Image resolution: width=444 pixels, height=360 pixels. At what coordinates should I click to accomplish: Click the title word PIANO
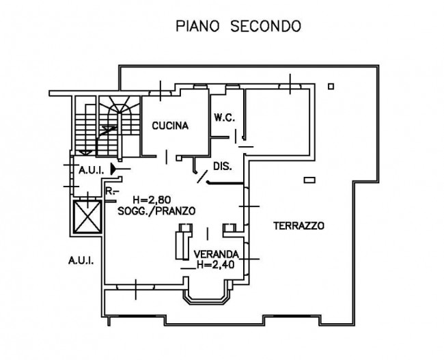197,26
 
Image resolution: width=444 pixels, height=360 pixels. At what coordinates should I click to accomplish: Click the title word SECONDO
266,26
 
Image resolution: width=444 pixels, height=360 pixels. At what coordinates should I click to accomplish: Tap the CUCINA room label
170,126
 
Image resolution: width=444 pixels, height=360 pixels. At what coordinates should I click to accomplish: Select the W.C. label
224,117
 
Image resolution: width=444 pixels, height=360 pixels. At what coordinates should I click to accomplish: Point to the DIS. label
222,166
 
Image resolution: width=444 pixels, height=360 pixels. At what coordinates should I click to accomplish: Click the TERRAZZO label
299,225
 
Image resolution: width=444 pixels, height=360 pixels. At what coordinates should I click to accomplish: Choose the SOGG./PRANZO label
156,211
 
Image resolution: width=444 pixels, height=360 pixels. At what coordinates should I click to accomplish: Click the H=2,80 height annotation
152,200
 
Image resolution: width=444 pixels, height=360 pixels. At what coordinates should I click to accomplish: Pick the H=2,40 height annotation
216,265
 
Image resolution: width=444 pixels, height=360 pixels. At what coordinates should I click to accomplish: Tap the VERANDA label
217,254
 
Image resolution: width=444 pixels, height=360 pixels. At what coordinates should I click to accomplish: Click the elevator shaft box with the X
87,217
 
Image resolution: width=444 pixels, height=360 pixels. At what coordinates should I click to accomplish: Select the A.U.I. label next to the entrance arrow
92,171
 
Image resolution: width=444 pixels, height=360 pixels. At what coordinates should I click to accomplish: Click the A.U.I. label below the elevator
81,260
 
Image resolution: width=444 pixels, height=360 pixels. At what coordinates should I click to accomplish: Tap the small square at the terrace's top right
331,86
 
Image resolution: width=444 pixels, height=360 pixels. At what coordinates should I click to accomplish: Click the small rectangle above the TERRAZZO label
309,180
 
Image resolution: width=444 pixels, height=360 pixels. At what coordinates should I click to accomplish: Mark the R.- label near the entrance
111,191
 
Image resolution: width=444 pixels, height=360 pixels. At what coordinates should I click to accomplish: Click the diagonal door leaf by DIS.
202,177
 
